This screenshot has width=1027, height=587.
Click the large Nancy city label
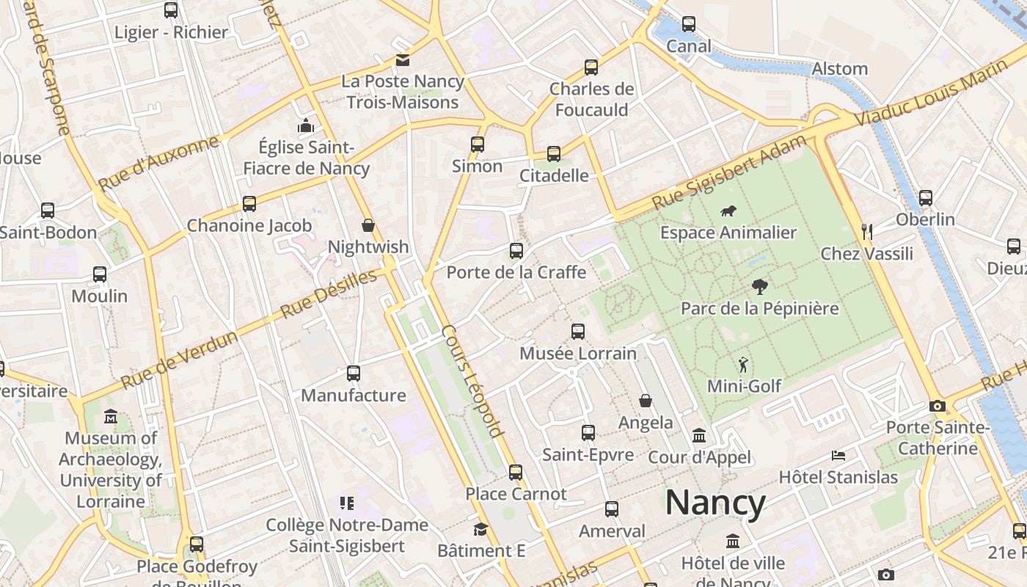(715, 503)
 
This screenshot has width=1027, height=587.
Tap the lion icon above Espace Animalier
(728, 212)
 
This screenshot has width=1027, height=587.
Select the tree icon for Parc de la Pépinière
(759, 287)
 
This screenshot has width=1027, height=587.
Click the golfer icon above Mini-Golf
(744, 365)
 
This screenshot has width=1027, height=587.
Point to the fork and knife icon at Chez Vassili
(867, 232)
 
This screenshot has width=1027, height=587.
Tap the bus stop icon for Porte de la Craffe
(516, 251)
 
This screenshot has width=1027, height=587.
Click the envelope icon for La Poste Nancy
(403, 60)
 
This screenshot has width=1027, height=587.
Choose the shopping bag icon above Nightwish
(368, 225)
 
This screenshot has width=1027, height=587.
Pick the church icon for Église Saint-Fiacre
(306, 126)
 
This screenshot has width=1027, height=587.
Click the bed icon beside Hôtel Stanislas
(838, 456)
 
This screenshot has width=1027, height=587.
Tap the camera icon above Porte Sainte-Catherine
(937, 406)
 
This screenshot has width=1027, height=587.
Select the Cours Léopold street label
(473, 382)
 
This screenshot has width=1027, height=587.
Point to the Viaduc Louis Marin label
(931, 92)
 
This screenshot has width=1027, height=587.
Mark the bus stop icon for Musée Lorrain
(578, 332)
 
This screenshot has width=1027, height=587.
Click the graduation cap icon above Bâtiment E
(480, 529)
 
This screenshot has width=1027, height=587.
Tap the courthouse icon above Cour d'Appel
(699, 436)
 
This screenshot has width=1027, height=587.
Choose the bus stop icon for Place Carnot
(516, 473)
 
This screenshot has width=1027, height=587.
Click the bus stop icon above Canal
(688, 24)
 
